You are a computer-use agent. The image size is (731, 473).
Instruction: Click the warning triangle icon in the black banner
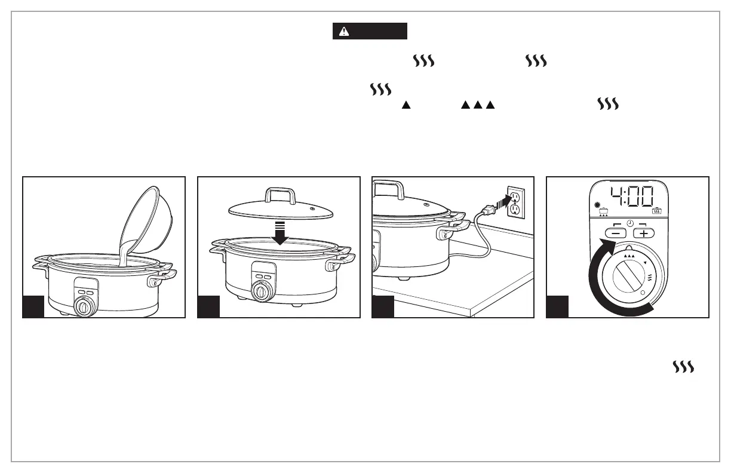pos(343,32)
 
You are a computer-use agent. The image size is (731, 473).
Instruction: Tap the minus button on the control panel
pos(616,234)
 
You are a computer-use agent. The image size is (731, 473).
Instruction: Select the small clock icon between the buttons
pos(629,225)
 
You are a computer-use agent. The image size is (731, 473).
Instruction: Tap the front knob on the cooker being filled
pos(84,308)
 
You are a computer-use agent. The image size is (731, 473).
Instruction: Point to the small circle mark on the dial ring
pos(643,294)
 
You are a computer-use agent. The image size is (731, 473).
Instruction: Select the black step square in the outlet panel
pos(383,306)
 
